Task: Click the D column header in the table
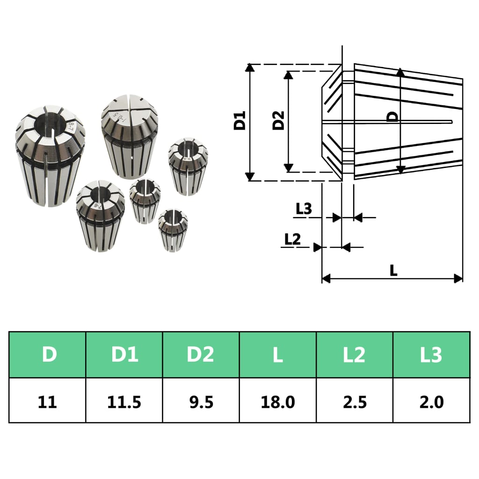point(48,355)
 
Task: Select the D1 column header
point(124,355)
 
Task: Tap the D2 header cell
point(201,355)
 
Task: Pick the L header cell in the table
point(278,355)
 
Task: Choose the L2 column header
point(354,355)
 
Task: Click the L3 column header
point(431,355)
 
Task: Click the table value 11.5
point(124,401)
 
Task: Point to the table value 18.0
point(278,401)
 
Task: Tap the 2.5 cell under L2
point(354,401)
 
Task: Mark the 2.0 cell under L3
point(431,401)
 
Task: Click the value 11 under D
point(48,401)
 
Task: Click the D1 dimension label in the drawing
point(239,121)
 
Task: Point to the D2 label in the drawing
point(279,121)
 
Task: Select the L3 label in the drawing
point(304,209)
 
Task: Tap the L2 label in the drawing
point(292,239)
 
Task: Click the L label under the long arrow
point(393,270)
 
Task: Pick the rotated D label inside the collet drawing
point(394,116)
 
